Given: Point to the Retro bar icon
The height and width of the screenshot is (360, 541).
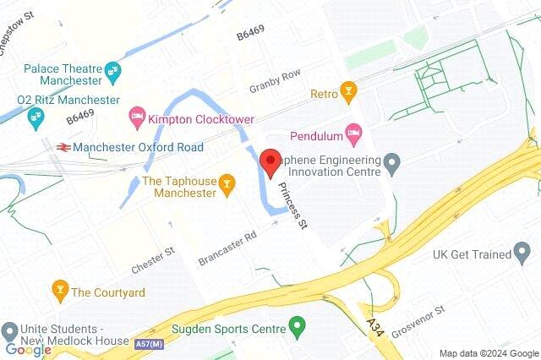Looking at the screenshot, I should [x=347, y=90].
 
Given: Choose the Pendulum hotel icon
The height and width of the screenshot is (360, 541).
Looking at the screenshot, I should [x=354, y=132].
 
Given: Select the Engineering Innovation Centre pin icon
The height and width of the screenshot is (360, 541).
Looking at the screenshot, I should [x=391, y=161].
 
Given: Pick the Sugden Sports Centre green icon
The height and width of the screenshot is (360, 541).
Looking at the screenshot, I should [x=296, y=325].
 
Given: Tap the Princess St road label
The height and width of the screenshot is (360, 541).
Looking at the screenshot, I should [x=292, y=205].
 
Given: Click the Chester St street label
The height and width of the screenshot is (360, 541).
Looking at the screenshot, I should [x=153, y=260].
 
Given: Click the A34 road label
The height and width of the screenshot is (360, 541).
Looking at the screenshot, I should [x=374, y=326].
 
